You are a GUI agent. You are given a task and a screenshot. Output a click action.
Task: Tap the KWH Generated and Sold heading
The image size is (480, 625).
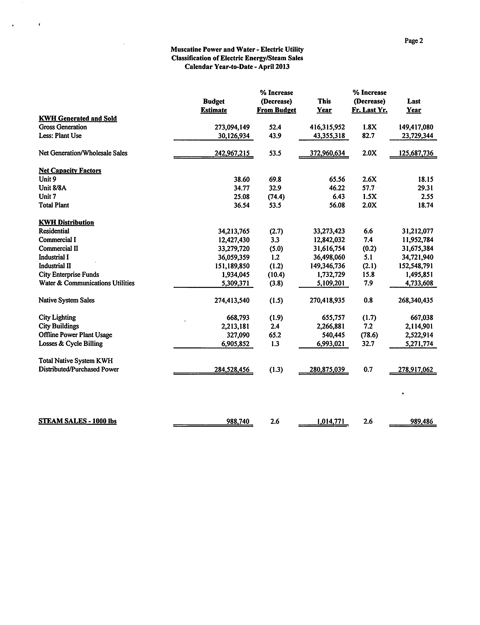[x=78, y=118]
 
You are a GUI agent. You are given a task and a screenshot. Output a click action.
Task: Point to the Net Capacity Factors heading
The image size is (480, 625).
[x=70, y=170]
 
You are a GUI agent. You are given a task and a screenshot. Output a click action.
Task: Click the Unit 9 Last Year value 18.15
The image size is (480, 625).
[x=425, y=179]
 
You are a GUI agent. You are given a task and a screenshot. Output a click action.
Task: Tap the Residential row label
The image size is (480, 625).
[x=54, y=231]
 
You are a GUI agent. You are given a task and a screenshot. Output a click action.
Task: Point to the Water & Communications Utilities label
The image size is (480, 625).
[x=87, y=283]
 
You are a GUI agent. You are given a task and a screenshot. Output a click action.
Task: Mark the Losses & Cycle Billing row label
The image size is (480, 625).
[x=71, y=343]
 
